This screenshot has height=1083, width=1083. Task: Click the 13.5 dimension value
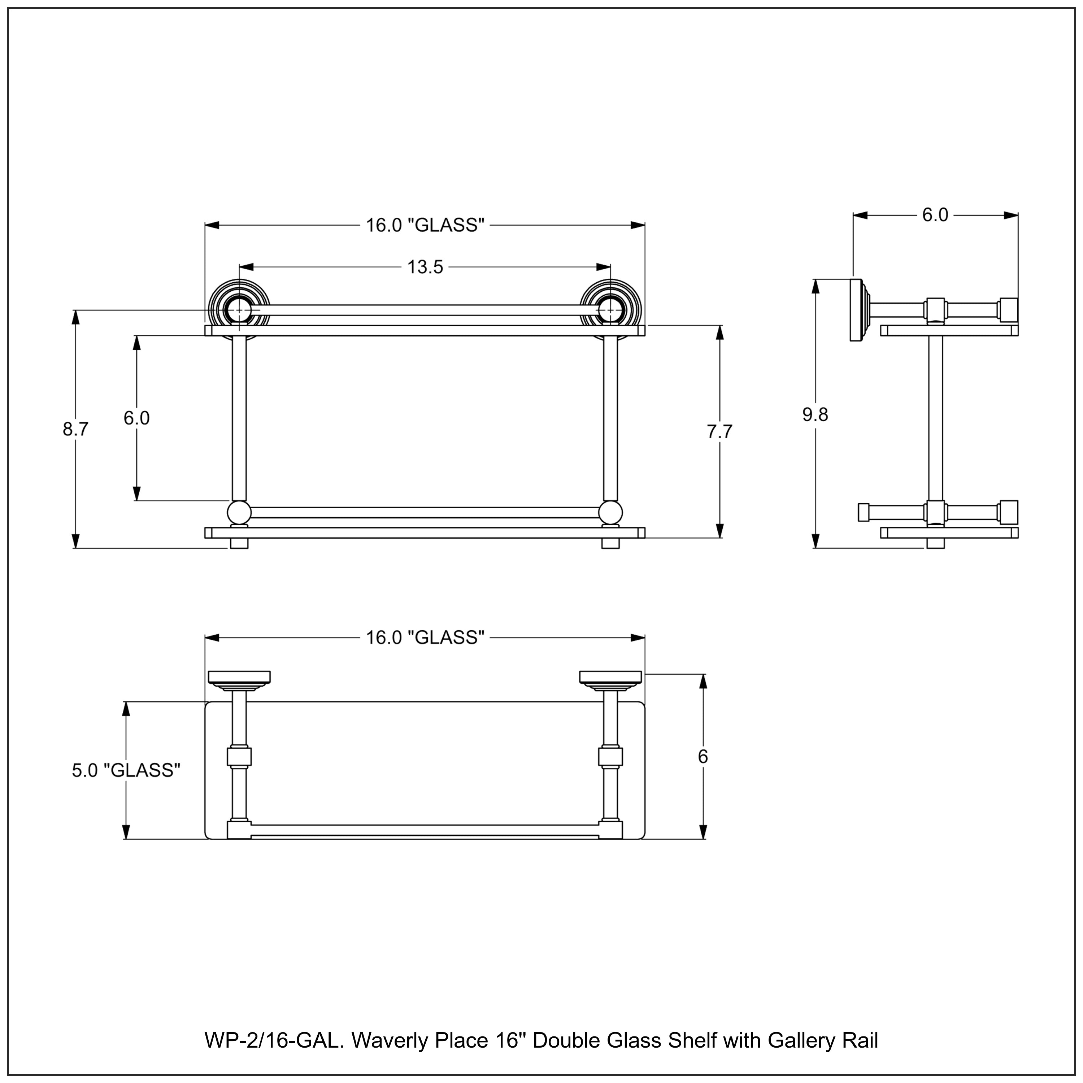click(x=425, y=268)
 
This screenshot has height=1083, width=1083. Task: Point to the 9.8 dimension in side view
click(x=815, y=415)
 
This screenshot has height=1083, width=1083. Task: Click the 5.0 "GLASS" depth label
click(x=126, y=770)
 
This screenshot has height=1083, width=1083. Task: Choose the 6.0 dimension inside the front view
click(x=136, y=418)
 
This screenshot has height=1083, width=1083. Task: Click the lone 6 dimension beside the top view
click(x=703, y=757)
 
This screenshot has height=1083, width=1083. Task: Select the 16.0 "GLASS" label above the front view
click(x=425, y=225)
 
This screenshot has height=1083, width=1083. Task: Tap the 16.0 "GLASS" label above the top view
click(x=425, y=638)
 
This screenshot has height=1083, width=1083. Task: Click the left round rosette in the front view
click(x=239, y=308)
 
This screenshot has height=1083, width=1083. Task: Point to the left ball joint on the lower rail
click(x=239, y=512)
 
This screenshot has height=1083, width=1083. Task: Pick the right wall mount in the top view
click(x=610, y=679)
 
